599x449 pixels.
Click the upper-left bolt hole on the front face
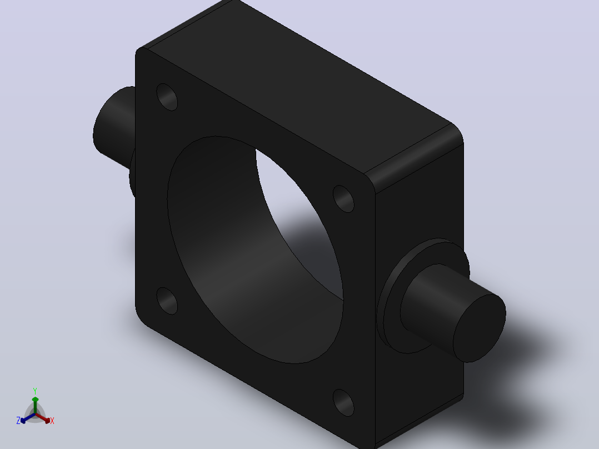(167, 97)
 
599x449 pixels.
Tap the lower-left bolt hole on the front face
(167, 301)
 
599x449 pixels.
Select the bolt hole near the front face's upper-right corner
(343, 199)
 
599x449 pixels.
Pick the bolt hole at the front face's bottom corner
(343, 403)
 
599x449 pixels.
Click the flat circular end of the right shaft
(480, 328)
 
